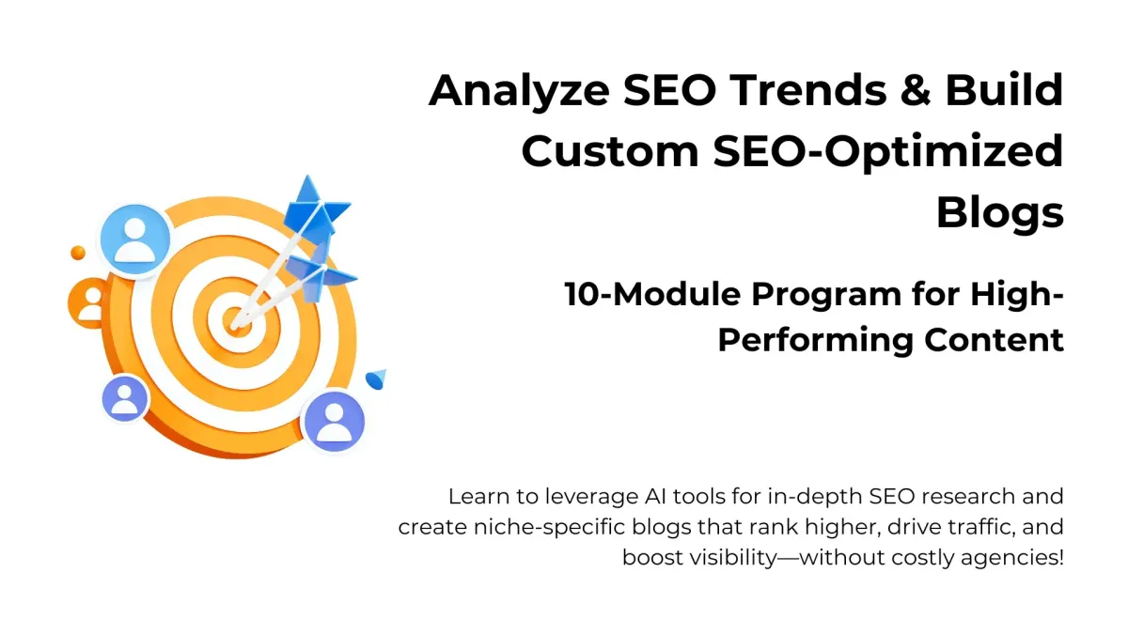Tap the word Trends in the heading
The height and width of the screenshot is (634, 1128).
(808, 89)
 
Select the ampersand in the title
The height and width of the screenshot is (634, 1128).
(916, 89)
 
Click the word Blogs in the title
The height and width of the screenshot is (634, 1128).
(1000, 213)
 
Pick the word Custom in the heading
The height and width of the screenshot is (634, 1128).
(610, 151)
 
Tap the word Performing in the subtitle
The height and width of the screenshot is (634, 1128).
(815, 341)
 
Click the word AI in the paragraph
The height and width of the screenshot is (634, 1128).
(653, 497)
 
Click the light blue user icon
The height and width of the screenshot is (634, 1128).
(135, 239)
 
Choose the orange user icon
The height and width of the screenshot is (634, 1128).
(90, 302)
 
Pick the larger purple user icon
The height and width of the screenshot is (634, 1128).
(334, 422)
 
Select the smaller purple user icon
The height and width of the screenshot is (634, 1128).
(125, 398)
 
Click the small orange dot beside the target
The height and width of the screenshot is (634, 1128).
(77, 253)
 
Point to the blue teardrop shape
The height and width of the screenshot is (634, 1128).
(376, 379)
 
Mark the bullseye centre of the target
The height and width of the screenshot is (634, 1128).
(237, 321)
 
